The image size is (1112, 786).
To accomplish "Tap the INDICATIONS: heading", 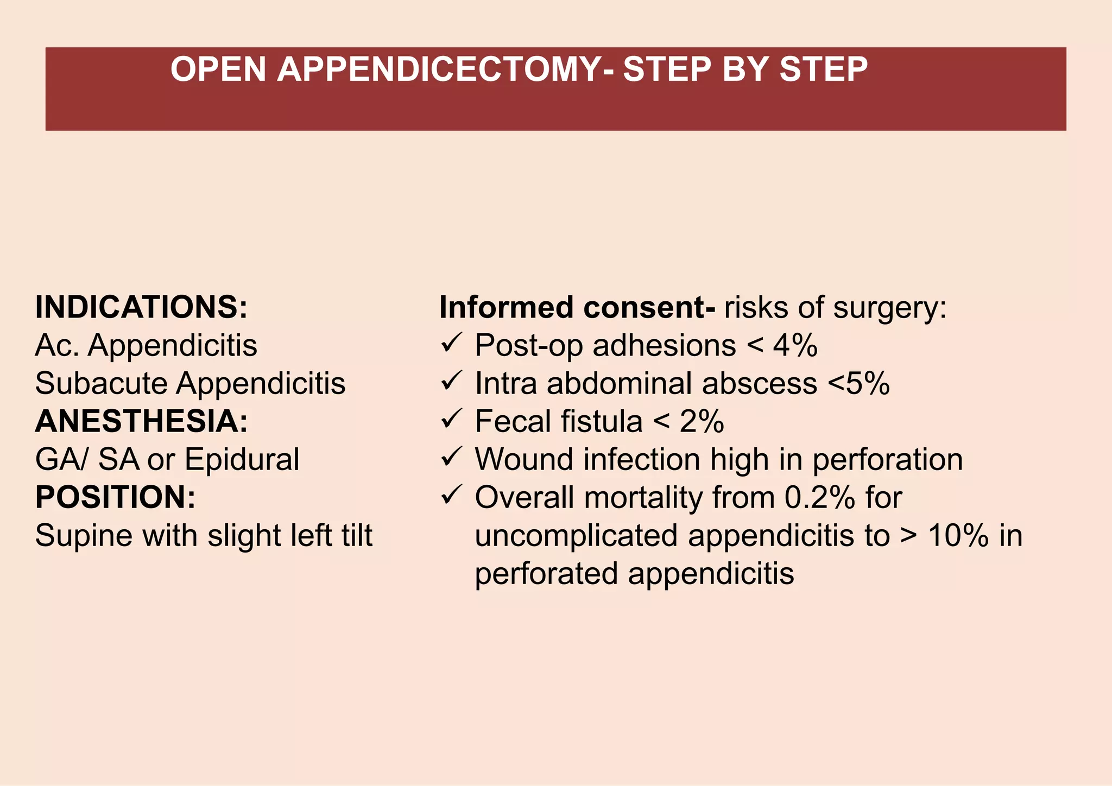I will pyautogui.click(x=141, y=307).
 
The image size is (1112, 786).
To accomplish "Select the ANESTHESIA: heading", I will pyautogui.click(x=141, y=421).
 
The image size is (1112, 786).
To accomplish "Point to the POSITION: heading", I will pyautogui.click(x=115, y=497).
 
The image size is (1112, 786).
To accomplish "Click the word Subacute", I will pyautogui.click(x=101, y=383).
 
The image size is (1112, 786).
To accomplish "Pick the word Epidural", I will pyautogui.click(x=242, y=460).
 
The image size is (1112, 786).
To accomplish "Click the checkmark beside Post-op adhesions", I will pyautogui.click(x=451, y=343).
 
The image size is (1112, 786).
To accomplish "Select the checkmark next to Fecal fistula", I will pyautogui.click(x=451, y=419).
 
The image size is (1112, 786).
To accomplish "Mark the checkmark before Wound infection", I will pyautogui.click(x=451, y=457).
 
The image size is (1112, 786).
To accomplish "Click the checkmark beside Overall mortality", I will pyautogui.click(x=451, y=495).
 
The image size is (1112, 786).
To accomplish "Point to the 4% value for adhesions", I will pyautogui.click(x=795, y=346).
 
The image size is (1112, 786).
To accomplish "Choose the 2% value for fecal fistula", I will pyautogui.click(x=702, y=422).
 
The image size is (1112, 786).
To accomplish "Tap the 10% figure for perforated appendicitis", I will pyautogui.click(x=958, y=536).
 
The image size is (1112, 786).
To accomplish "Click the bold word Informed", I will pyautogui.click(x=506, y=307).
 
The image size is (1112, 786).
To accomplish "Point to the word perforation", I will pyautogui.click(x=887, y=460).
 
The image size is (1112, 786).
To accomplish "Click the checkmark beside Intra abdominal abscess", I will pyautogui.click(x=451, y=381).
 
